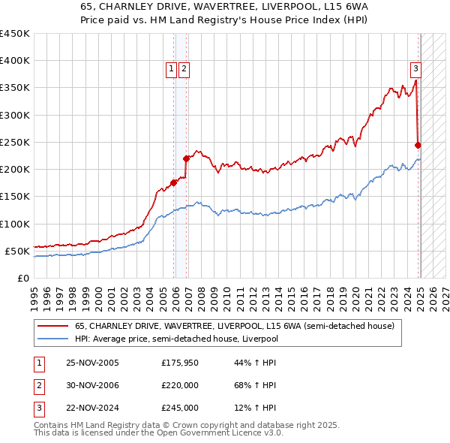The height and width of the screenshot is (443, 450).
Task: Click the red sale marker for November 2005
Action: (173, 182)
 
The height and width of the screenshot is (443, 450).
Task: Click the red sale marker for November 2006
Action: (186, 158)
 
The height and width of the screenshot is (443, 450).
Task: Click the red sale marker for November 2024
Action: (418, 145)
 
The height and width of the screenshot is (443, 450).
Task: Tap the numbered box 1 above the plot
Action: (172, 69)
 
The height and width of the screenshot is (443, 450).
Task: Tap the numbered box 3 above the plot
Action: (415, 69)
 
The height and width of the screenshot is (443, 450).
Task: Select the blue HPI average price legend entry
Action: (176, 339)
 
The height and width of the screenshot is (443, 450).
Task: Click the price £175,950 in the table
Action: (180, 363)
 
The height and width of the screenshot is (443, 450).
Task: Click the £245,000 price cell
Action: (180, 408)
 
